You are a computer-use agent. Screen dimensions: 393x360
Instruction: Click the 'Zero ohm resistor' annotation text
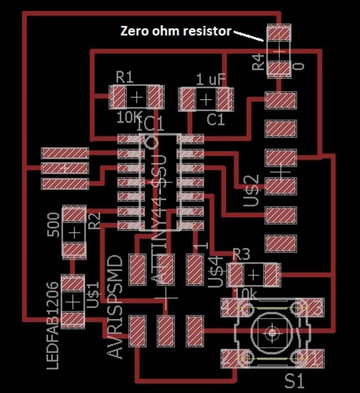176,31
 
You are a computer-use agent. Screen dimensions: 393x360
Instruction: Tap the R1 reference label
124,78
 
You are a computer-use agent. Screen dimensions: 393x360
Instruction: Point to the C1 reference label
216,119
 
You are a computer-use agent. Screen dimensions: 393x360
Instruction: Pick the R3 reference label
241,254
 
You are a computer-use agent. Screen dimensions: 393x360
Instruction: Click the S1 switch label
294,381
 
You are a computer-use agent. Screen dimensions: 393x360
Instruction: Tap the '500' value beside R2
53,224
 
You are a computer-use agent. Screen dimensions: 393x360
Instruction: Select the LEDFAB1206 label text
53,325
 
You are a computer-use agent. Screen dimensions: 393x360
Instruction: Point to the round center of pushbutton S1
271,333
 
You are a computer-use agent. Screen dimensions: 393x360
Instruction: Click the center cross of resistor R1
137,97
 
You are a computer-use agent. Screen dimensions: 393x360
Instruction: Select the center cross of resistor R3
253,276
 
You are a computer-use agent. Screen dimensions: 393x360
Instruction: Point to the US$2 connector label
251,191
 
